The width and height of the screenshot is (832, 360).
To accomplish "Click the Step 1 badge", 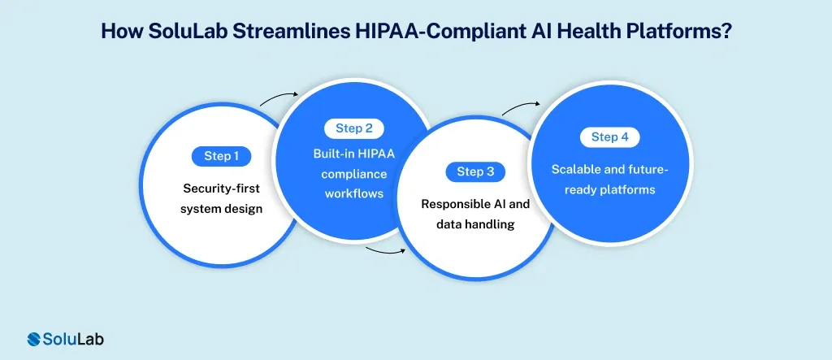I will coord(221,156).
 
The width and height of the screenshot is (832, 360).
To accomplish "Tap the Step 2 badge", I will coord(353,128).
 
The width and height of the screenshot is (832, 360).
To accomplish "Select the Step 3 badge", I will coord(475,171).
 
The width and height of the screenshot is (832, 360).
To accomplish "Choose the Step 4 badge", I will coord(609,137).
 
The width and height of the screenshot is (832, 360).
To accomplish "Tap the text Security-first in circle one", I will coord(221,189).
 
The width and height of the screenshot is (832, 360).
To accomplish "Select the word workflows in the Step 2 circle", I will coord(353,193).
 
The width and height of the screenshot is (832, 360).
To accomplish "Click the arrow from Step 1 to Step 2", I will coord(279,99).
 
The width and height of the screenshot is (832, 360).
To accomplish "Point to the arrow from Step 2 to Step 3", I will coord(386,249).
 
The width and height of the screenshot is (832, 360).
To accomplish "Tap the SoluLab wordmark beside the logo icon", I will coord(74,339).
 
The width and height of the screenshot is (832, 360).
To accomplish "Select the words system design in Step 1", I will coord(221,209).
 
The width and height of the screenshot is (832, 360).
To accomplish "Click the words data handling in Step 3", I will coord(476,224).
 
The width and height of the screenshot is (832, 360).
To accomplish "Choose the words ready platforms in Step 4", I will coord(609,189).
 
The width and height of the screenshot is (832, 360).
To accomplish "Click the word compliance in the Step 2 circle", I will coord(353,173).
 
